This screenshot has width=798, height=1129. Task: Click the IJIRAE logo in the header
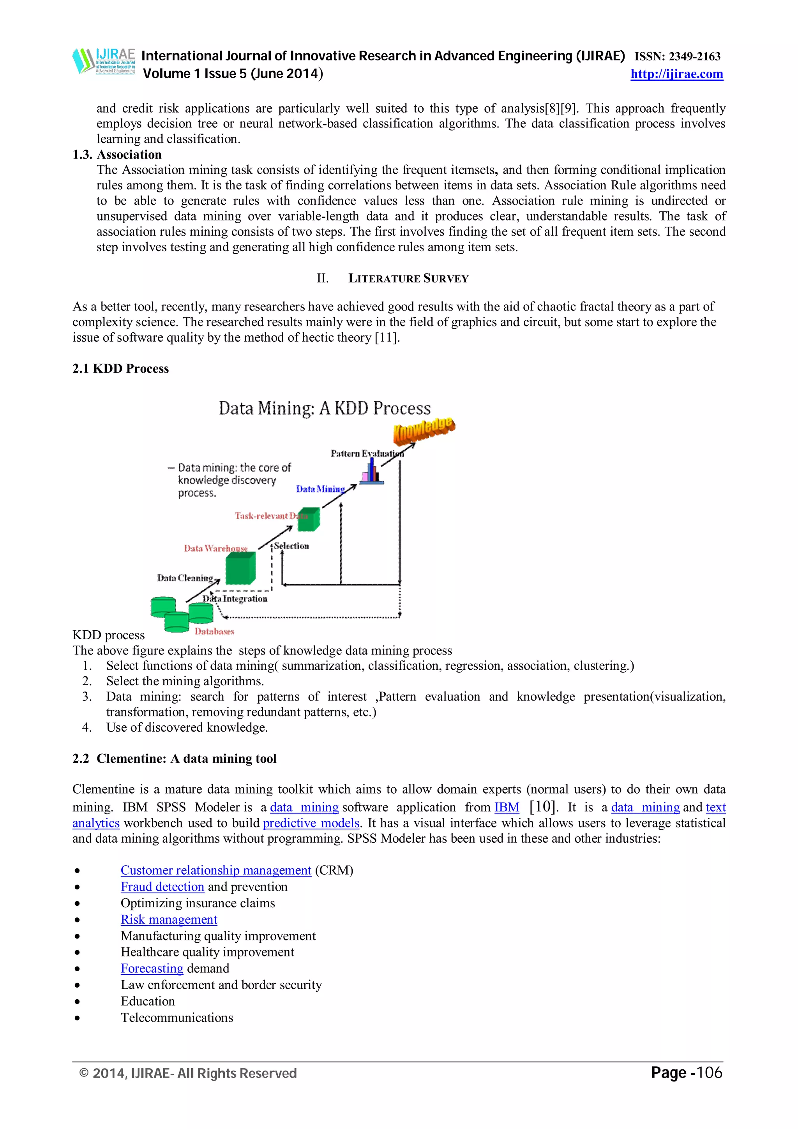tap(104, 61)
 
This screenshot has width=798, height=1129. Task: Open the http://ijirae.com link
tap(676, 74)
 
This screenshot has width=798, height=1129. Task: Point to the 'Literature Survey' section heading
tap(408, 278)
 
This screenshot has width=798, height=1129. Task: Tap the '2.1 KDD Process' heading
tap(120, 369)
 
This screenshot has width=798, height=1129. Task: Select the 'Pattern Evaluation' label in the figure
tap(367, 453)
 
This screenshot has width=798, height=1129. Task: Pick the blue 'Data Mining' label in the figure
tap(320, 489)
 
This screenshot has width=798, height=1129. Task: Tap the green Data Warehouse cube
tap(240, 568)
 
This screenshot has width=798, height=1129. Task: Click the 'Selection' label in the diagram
tap(291, 546)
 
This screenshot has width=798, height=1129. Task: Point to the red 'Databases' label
tap(214, 632)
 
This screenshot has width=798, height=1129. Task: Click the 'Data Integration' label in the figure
tap(235, 599)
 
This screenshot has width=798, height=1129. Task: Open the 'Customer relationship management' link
tap(216, 870)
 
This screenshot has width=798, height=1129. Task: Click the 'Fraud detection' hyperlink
tap(162, 887)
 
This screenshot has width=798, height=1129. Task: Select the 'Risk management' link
tap(169, 919)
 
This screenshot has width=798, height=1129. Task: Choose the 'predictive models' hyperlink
tap(311, 823)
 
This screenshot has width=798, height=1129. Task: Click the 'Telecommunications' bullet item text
tap(177, 1017)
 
